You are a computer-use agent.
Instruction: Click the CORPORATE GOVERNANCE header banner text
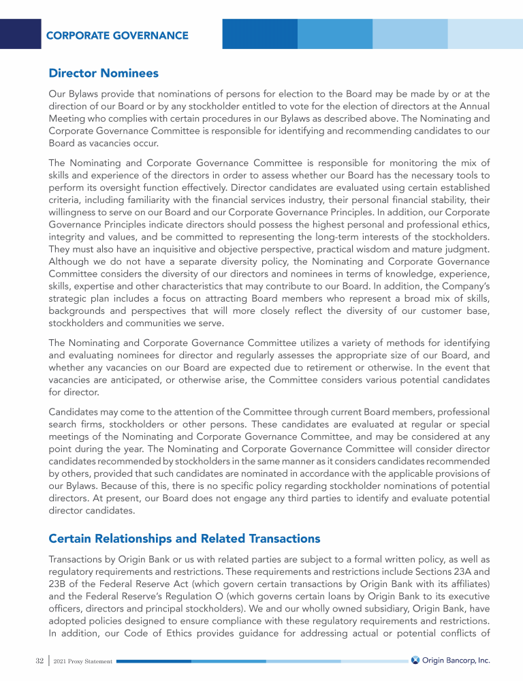[x=117, y=35]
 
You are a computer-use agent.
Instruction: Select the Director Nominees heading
[x=104, y=72]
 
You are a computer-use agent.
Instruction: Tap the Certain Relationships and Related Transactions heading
[x=184, y=539]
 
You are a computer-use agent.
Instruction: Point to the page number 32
[x=26, y=661]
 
